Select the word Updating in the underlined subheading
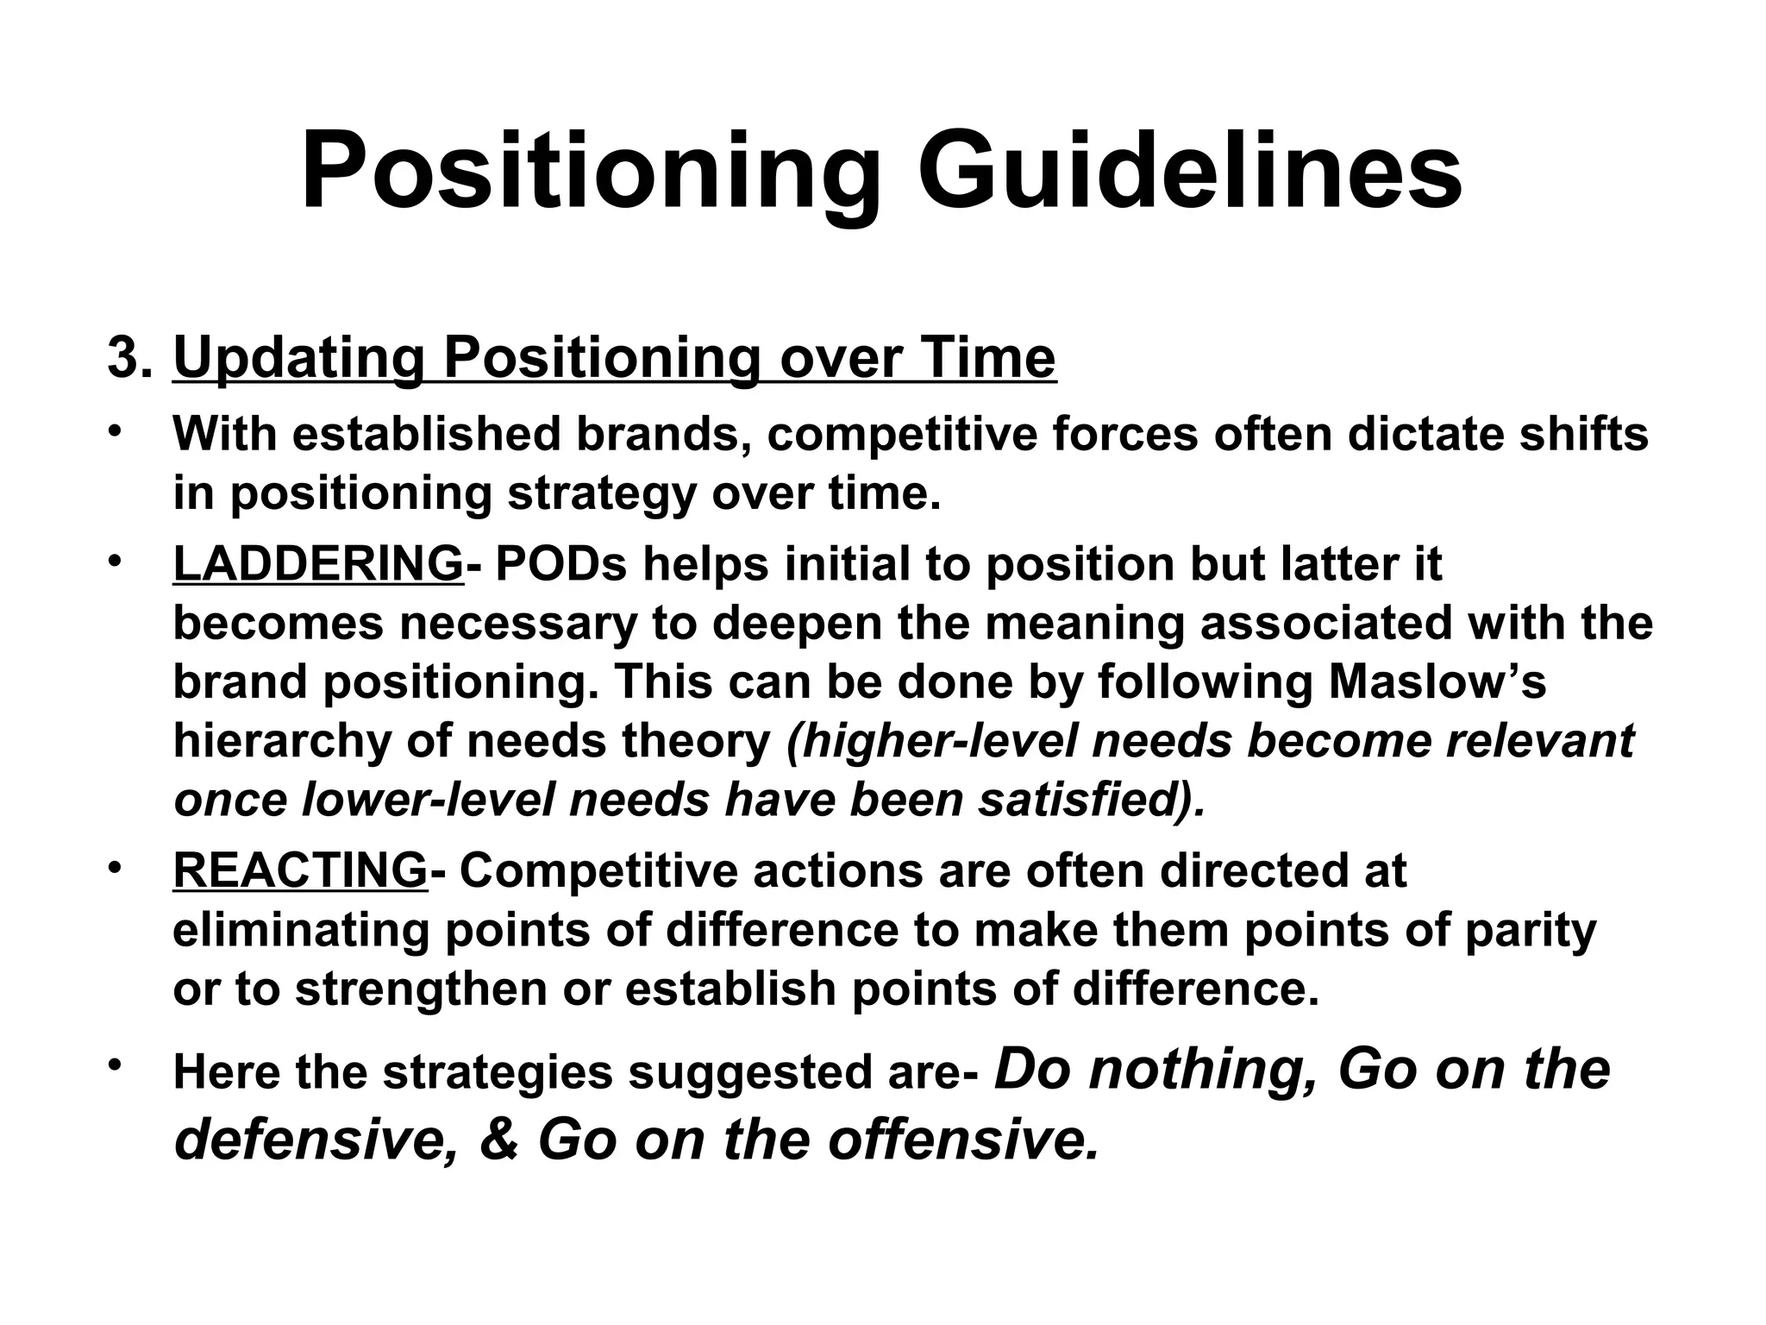(299, 359)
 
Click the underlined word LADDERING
(318, 564)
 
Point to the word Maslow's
(1437, 681)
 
